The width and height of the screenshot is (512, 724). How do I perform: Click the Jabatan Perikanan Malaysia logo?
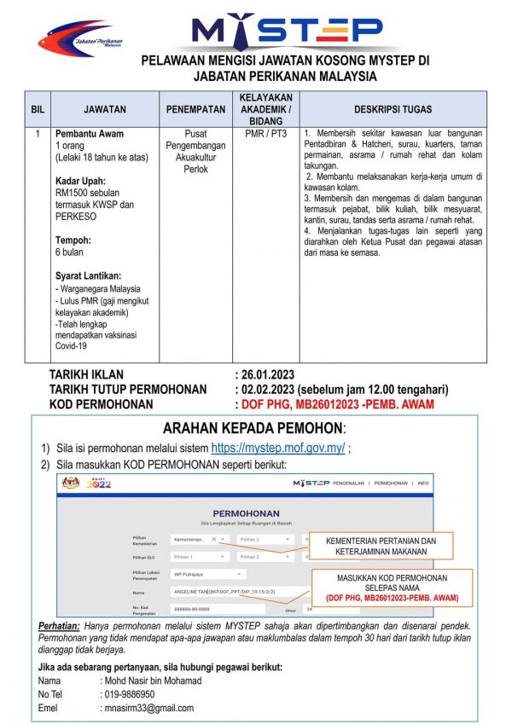pyautogui.click(x=80, y=38)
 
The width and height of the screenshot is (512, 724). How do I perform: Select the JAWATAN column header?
pyautogui.click(x=105, y=109)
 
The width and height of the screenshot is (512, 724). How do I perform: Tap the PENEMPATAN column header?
pyautogui.click(x=195, y=109)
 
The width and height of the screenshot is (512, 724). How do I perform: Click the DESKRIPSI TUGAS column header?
pyautogui.click(x=393, y=109)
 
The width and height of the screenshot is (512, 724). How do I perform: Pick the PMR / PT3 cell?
pyautogui.click(x=265, y=134)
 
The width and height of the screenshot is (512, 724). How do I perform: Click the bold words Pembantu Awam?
pyautogui.click(x=89, y=134)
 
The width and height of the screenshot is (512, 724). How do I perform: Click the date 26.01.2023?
pyautogui.click(x=271, y=374)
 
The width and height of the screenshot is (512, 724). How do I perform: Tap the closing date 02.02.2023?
pyautogui.click(x=271, y=389)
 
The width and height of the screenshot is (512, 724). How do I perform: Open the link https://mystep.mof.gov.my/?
pyautogui.click(x=277, y=448)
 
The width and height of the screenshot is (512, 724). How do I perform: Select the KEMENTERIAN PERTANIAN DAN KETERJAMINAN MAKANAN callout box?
pyautogui.click(x=381, y=546)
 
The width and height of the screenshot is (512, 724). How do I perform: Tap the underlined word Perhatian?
pyautogui.click(x=62, y=626)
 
